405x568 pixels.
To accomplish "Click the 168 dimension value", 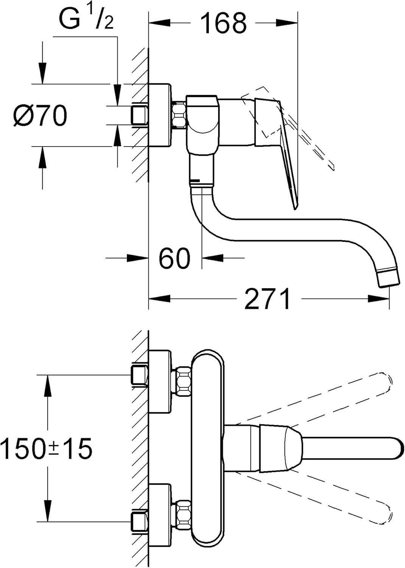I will click(x=223, y=23).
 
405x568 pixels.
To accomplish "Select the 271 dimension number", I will click(x=268, y=299).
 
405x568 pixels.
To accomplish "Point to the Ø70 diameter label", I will click(x=40, y=115).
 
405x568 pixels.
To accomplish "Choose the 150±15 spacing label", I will click(x=46, y=449).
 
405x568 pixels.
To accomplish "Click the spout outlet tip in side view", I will click(x=389, y=276).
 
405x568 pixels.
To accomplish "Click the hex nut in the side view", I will click(x=178, y=115).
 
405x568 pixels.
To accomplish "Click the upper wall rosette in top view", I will click(x=160, y=381).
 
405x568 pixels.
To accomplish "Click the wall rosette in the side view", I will click(x=159, y=115).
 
